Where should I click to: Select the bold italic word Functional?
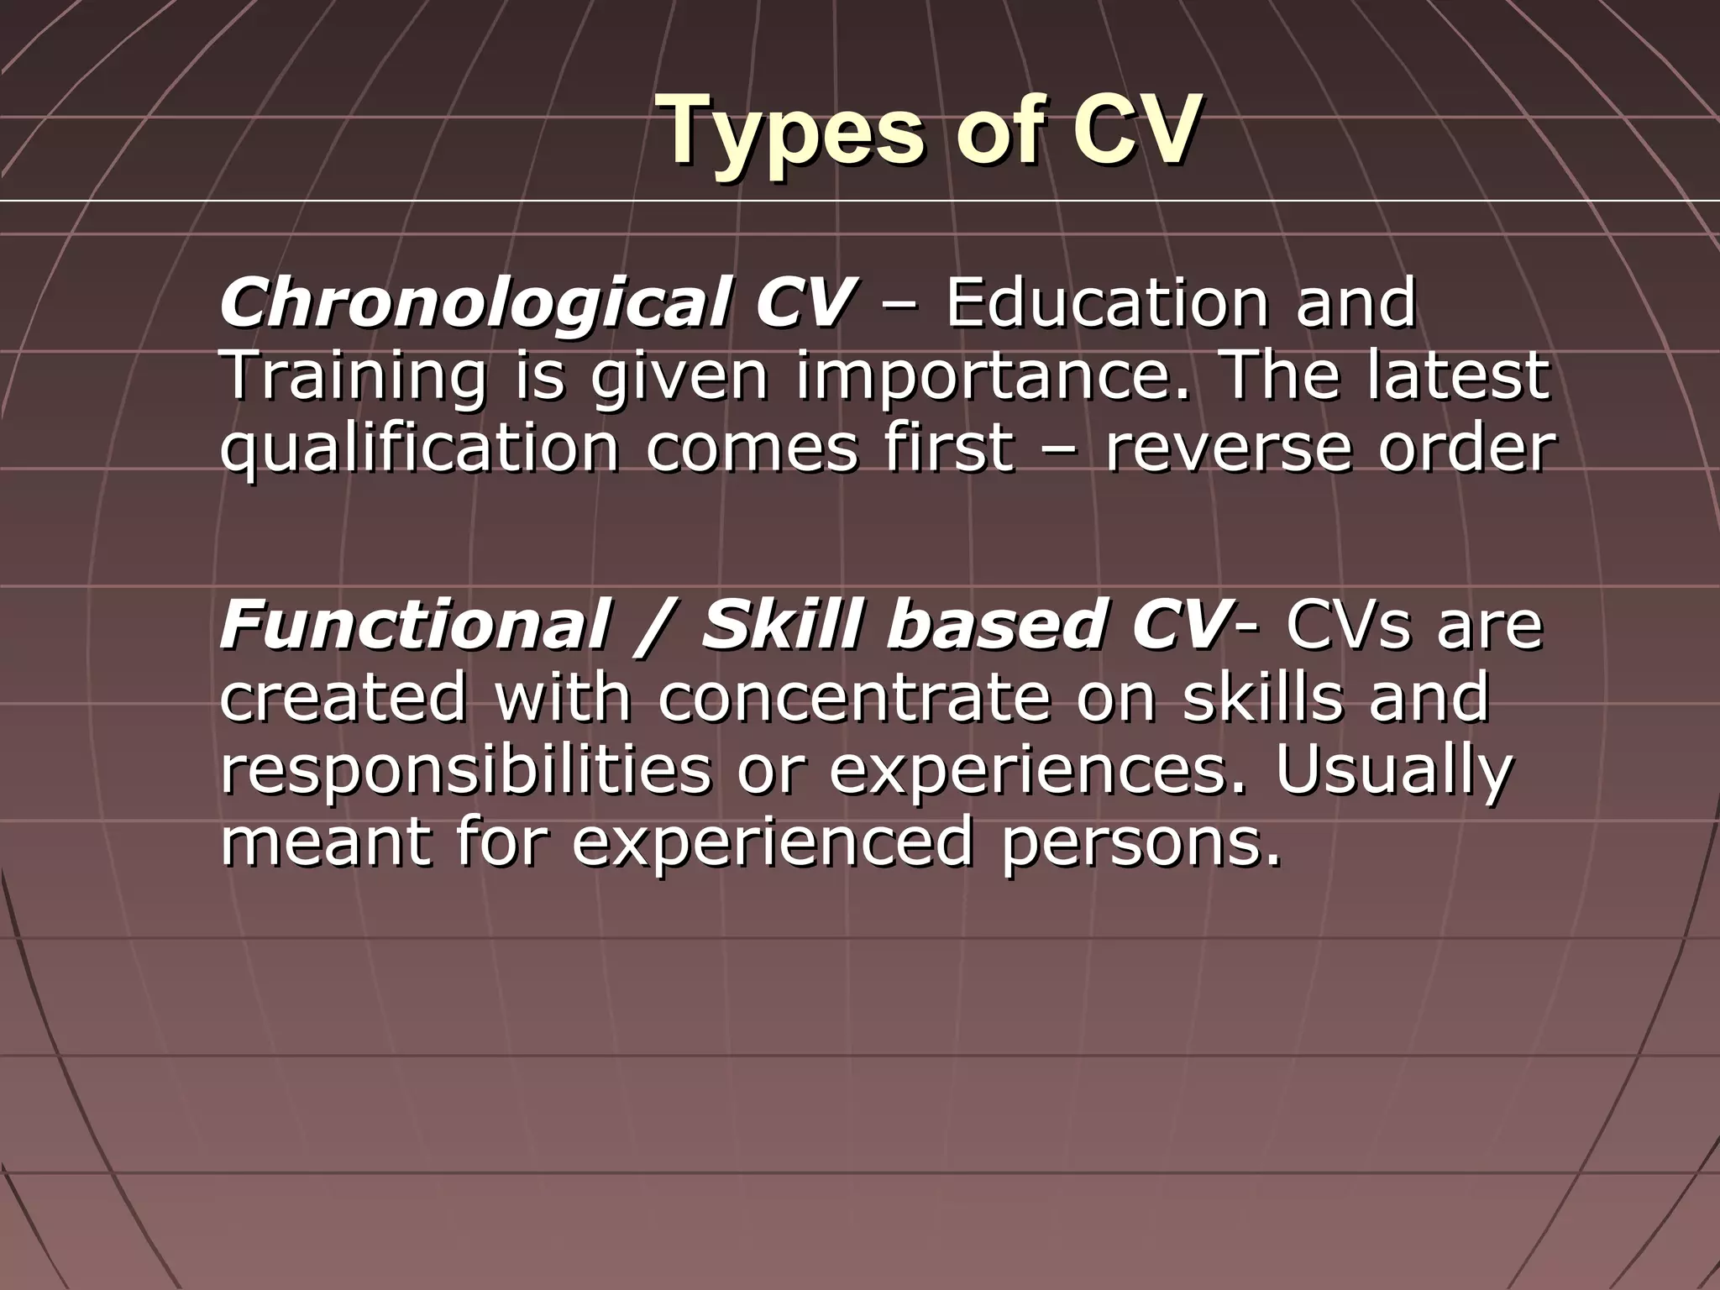click(x=412, y=626)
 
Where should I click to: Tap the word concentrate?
click(x=852, y=699)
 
